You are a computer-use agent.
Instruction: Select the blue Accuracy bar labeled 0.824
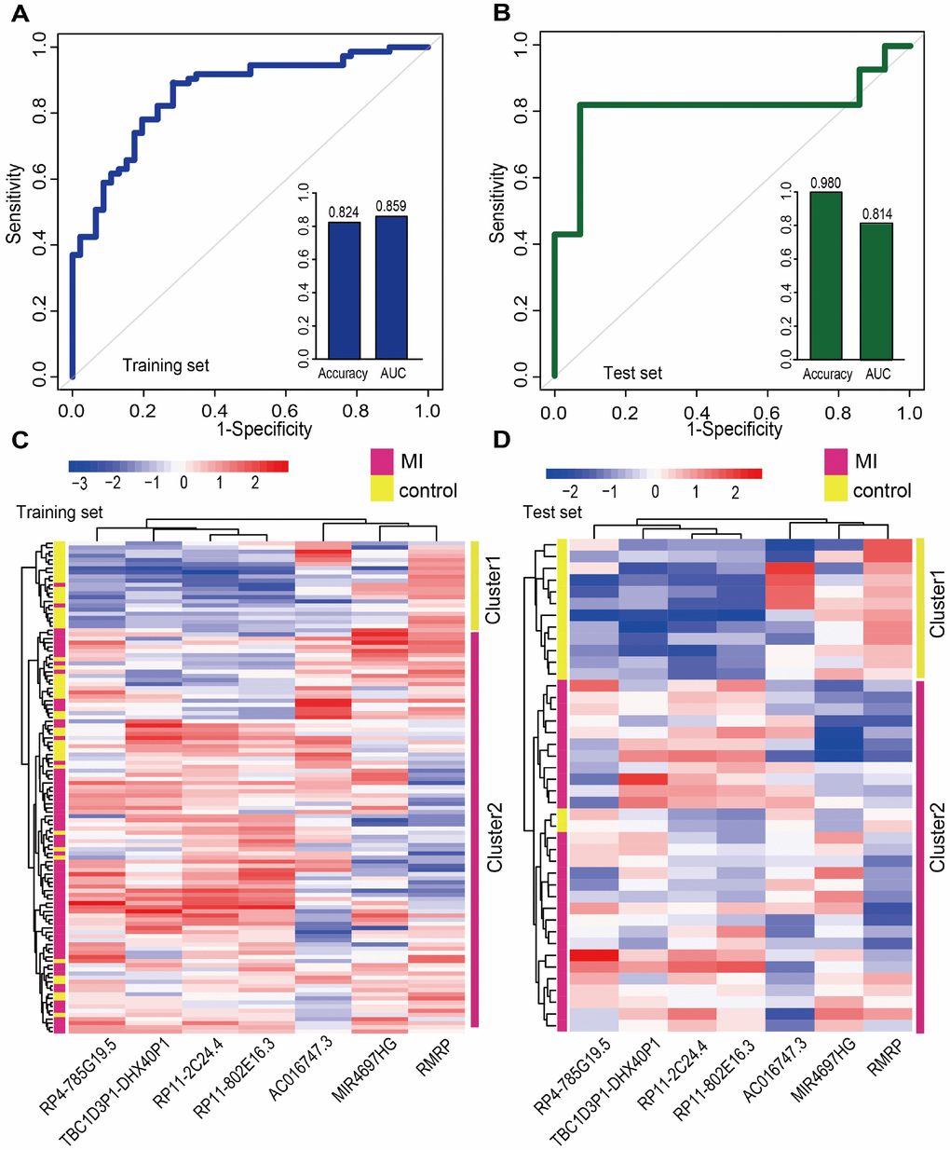click(343, 290)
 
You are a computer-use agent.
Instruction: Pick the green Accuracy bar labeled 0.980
click(825, 275)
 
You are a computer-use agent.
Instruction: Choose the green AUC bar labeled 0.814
click(876, 291)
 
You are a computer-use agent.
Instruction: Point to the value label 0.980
click(825, 183)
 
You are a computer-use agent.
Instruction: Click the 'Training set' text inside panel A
click(166, 365)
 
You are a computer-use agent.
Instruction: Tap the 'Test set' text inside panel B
click(632, 373)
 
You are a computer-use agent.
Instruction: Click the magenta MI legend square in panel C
click(382, 461)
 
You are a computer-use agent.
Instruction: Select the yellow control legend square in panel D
click(836, 489)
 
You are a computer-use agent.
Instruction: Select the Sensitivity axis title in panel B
click(498, 204)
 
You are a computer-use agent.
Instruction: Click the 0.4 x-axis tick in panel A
click(214, 410)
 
